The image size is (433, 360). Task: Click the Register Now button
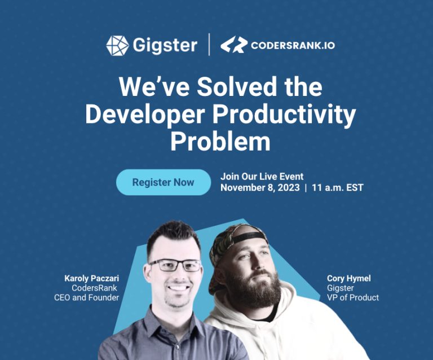163,182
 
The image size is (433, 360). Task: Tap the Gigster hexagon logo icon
117,45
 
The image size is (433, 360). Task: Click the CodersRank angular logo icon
233,45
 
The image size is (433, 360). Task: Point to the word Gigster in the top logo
164,45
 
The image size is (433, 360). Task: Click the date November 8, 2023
259,188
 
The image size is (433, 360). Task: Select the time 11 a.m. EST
337,188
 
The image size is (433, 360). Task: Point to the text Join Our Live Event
262,177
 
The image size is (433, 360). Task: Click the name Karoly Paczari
92,278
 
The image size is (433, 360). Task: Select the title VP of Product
353,297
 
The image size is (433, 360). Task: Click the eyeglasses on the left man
175,265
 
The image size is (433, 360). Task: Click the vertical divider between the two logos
209,45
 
